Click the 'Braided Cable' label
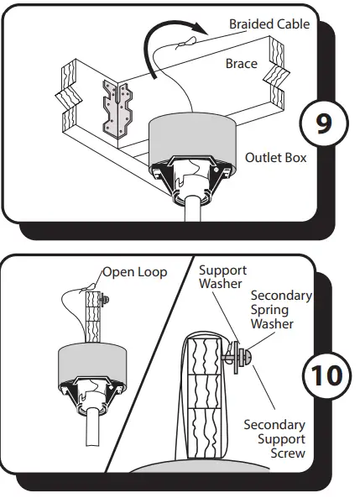point(269,24)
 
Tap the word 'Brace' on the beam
point(242,64)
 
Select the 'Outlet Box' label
point(275,158)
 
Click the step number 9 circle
point(324,123)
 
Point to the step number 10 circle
point(327,375)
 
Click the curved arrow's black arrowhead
point(201,29)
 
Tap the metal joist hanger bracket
point(117,107)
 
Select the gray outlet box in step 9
point(192,139)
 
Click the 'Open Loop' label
point(135,272)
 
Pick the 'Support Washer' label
point(222,276)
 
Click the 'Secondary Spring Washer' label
point(281,310)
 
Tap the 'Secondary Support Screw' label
point(274,439)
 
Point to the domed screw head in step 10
point(248,357)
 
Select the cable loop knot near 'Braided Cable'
point(185,44)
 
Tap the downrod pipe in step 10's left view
point(92,427)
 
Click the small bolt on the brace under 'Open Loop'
point(104,299)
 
